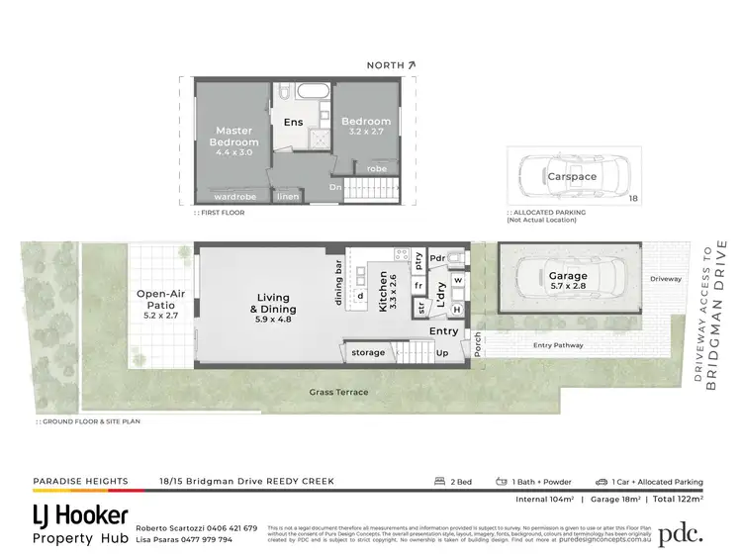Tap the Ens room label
click(x=294, y=123)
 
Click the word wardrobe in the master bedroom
click(x=235, y=196)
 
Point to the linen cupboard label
click(x=288, y=196)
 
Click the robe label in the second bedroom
click(x=377, y=168)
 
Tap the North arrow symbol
click(x=411, y=64)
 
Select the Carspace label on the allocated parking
click(x=572, y=176)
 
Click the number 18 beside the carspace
click(x=633, y=199)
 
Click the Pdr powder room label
click(x=435, y=259)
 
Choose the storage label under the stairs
click(x=368, y=352)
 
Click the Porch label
click(x=478, y=345)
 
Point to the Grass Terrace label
click(x=337, y=392)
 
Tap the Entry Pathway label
click(x=557, y=345)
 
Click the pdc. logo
click(x=681, y=532)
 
